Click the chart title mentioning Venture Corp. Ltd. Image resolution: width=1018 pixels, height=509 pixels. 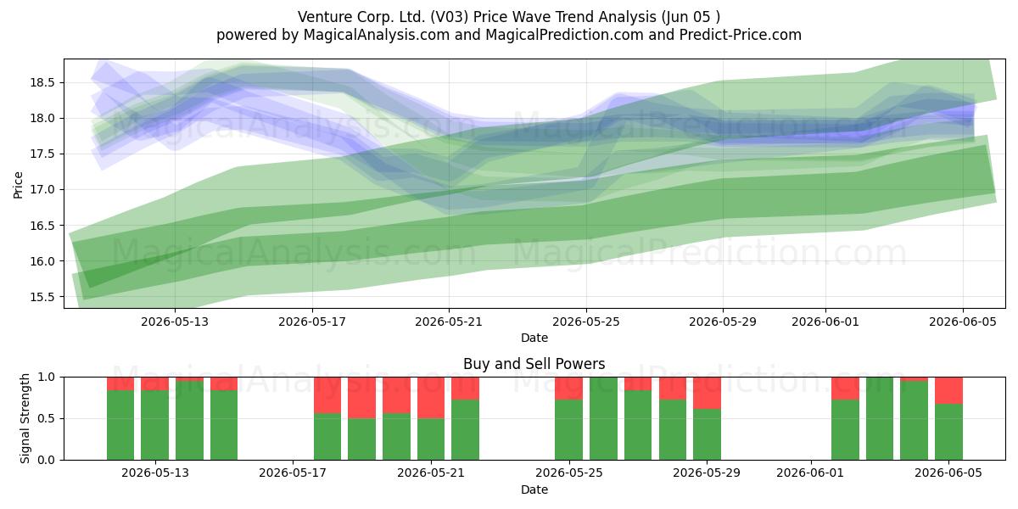click(508, 17)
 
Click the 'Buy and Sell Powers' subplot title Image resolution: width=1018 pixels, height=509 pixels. click(534, 364)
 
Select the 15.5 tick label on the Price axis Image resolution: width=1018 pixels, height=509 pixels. click(42, 297)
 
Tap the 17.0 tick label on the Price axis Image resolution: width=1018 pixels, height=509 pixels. click(42, 190)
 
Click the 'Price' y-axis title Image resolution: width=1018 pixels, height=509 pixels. click(18, 185)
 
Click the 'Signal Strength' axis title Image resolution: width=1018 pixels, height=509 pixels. click(25, 418)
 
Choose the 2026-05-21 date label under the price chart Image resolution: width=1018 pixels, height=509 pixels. click(449, 322)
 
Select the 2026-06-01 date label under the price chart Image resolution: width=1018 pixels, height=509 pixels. click(825, 322)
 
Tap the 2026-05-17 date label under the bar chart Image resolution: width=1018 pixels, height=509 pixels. click(293, 473)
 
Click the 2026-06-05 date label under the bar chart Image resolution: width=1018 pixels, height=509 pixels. click(948, 473)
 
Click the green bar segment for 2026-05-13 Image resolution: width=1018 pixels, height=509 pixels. click(155, 425)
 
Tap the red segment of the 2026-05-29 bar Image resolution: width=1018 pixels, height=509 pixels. click(708, 393)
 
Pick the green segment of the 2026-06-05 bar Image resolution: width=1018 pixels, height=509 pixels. click(949, 432)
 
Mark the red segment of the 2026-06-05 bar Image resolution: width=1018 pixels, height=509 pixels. click(949, 390)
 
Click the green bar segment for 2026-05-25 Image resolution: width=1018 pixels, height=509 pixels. click(569, 430)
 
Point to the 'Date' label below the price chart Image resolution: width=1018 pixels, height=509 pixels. click(534, 338)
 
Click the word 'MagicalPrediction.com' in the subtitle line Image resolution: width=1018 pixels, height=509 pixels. click(564, 35)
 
